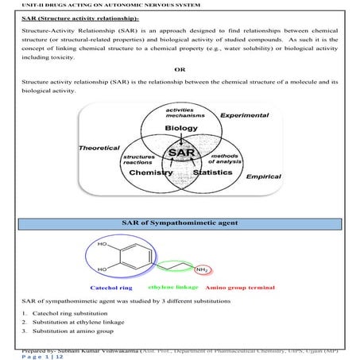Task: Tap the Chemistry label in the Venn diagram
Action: pos(151,171)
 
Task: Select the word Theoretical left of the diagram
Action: pos(99,149)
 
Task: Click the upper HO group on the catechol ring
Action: pos(102,246)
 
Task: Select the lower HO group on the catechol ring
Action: pos(102,270)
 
